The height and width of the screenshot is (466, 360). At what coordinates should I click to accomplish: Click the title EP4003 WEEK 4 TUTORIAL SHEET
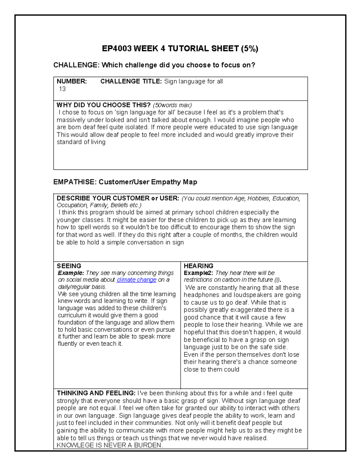(x=170, y=49)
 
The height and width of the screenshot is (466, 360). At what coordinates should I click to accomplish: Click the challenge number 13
(x=62, y=89)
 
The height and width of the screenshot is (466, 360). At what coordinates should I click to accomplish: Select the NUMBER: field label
(x=72, y=81)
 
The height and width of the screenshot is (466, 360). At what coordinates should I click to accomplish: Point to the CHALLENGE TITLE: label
(x=131, y=81)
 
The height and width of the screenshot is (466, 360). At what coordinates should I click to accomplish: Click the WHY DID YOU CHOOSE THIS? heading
(x=103, y=105)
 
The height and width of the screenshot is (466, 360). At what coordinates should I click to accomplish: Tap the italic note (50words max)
(x=172, y=105)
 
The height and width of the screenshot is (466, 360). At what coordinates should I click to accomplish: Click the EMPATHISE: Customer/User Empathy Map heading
(x=125, y=182)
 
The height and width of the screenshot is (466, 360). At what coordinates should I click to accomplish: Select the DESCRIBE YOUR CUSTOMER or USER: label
(x=118, y=198)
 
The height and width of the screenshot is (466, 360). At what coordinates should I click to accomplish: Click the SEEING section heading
(x=69, y=266)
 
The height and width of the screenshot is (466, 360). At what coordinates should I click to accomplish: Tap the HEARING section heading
(x=198, y=266)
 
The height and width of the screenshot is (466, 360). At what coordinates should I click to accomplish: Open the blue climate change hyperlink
(x=136, y=280)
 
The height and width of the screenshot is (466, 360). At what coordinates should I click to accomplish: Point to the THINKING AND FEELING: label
(x=96, y=393)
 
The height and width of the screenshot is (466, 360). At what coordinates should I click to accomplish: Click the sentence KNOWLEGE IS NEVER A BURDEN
(x=110, y=445)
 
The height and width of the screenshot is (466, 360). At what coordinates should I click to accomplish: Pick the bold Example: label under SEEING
(x=71, y=273)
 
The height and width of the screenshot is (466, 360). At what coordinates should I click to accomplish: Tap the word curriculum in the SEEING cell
(x=72, y=315)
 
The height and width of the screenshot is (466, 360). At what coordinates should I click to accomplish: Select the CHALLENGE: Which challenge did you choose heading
(x=154, y=65)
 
